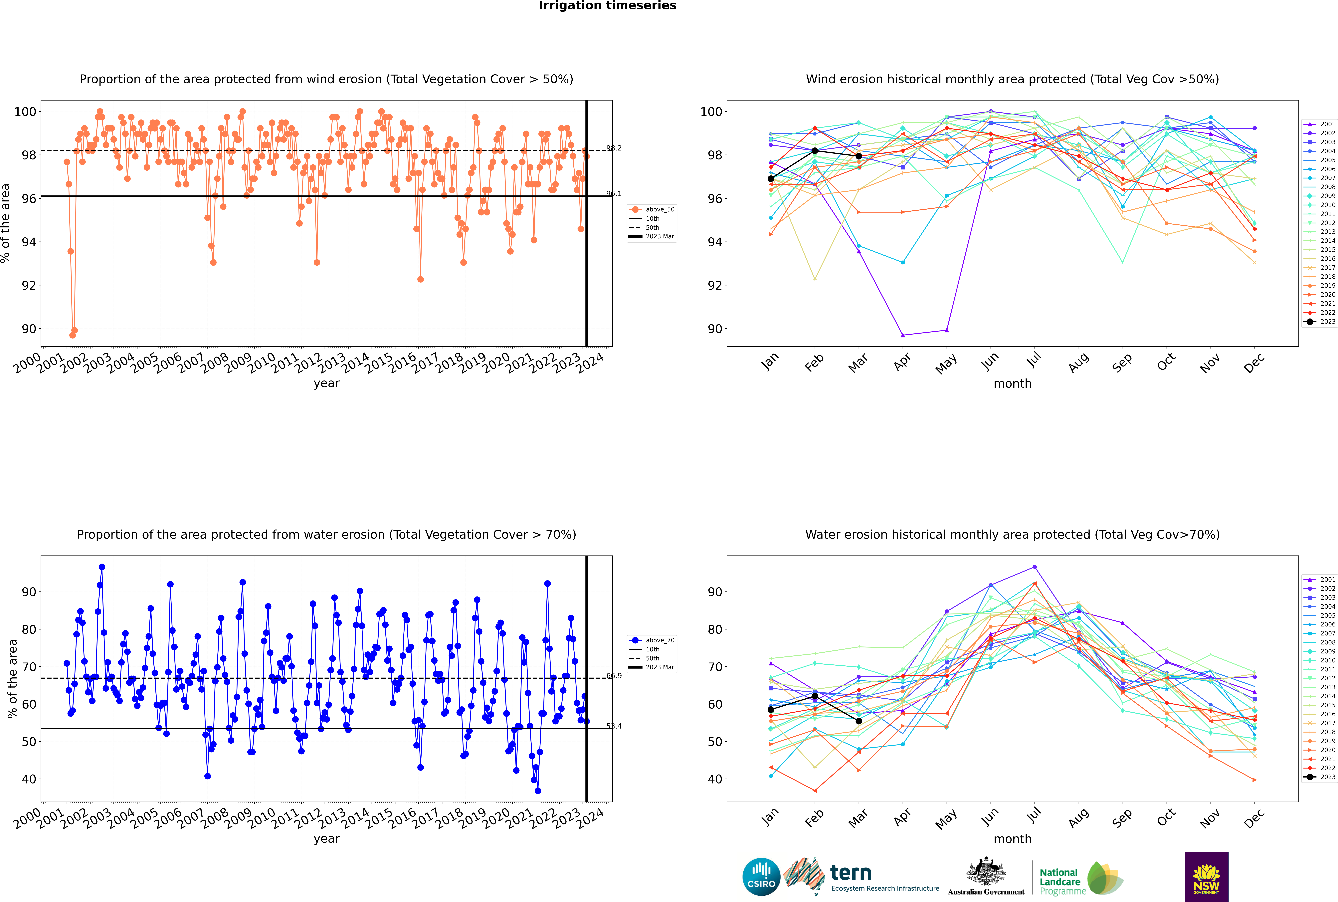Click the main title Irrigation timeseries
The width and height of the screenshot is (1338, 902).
[x=607, y=6]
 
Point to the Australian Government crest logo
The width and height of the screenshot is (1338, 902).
[x=986, y=877]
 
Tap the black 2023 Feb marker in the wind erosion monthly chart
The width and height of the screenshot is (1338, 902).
[x=815, y=151]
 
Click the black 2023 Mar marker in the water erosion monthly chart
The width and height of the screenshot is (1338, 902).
[x=859, y=721]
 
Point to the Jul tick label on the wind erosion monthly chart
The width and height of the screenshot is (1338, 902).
[x=1034, y=360]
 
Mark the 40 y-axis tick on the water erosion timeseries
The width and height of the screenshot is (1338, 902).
[x=29, y=780]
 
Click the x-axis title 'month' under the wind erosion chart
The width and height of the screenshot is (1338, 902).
[x=1012, y=384]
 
